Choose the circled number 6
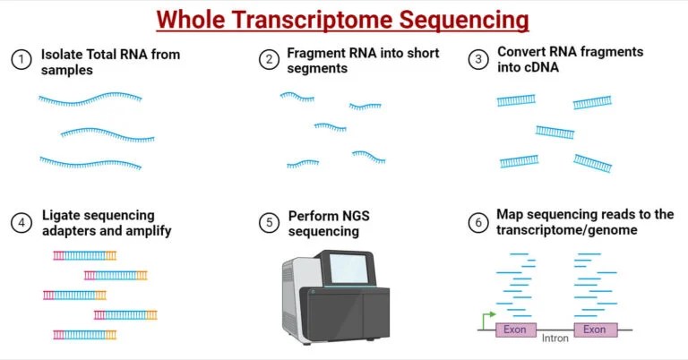pyautogui.click(x=479, y=223)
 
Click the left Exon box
pyautogui.click(x=515, y=330)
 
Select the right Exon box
pyautogui.click(x=596, y=330)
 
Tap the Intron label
pyautogui.click(x=555, y=339)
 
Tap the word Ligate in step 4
pyautogui.click(x=60, y=216)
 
